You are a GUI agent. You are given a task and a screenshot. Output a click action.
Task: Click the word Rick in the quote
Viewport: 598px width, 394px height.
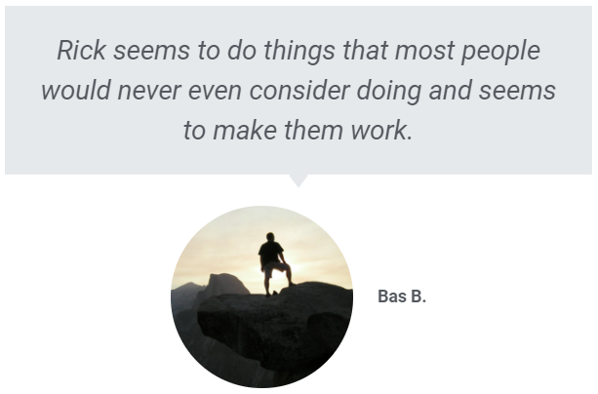tap(81, 50)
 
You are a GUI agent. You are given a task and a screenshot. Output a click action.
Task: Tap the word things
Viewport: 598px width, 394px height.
tap(299, 52)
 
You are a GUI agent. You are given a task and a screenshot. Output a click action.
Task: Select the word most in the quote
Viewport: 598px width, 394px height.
tap(424, 51)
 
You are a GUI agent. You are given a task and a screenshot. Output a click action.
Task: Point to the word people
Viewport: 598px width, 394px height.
tap(500, 52)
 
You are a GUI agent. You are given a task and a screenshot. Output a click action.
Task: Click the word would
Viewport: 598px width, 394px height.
tap(75, 91)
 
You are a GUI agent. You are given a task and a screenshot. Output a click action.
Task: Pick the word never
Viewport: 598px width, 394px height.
tap(149, 92)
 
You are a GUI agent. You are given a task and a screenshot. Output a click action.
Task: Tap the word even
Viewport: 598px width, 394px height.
tap(215, 92)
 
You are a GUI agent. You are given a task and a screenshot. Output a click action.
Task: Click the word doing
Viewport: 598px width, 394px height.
tap(389, 92)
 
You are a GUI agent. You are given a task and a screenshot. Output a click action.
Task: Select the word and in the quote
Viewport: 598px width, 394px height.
tap(450, 91)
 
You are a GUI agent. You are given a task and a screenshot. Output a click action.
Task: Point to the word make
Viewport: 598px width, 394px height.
tap(245, 130)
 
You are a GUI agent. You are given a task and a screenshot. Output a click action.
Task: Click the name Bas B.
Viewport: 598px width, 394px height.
tap(402, 296)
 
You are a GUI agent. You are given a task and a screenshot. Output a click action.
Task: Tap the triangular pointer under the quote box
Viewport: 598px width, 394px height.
tap(299, 180)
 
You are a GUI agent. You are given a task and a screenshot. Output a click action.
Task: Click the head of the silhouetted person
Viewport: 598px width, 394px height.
tap(270, 237)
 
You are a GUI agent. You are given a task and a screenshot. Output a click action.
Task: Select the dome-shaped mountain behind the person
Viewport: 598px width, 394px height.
tap(227, 284)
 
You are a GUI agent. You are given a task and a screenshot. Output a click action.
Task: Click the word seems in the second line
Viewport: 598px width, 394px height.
tap(517, 92)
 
